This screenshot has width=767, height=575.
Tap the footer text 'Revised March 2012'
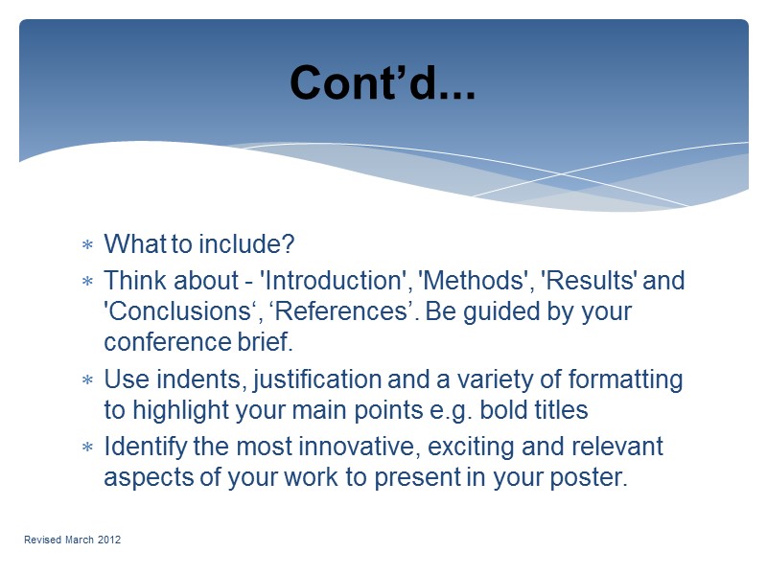(x=73, y=541)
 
